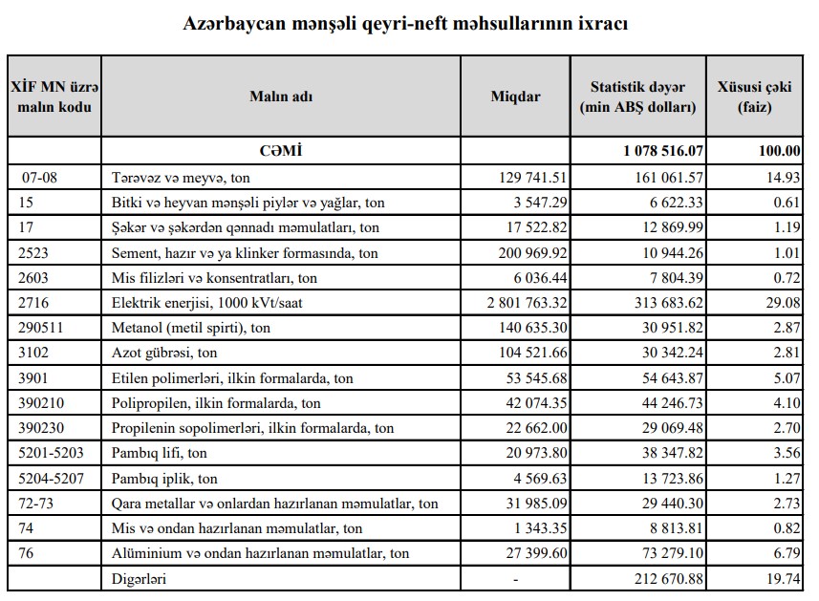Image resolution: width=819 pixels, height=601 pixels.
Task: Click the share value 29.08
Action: pos(783,303)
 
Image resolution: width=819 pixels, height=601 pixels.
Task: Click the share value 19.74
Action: pos(783,578)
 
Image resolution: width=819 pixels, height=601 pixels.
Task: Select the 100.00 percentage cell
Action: pos(779,151)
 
